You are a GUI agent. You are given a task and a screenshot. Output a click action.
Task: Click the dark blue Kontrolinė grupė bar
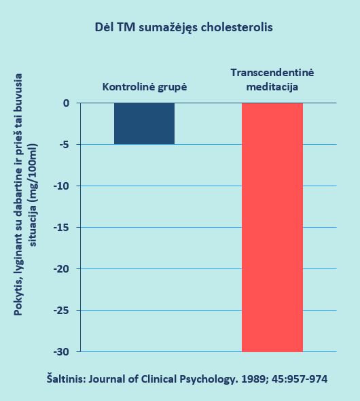[145, 124]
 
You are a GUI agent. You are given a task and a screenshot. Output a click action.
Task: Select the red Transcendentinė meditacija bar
[272, 228]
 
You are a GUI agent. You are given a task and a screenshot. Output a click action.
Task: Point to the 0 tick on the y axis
[67, 103]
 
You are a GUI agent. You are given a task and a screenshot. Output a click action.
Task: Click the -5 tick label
[65, 145]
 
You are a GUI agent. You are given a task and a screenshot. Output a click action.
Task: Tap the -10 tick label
[62, 186]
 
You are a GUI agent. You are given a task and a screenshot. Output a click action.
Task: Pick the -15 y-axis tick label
[62, 228]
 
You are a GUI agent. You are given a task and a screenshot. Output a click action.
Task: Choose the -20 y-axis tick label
[62, 268]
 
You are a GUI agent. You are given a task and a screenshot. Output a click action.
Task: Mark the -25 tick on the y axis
[62, 310]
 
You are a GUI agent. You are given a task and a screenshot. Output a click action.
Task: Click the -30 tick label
[62, 352]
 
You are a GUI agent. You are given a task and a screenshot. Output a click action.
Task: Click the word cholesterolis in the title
[237, 27]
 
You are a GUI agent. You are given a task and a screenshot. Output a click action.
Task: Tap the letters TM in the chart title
[126, 27]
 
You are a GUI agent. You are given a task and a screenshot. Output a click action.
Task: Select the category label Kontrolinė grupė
[145, 87]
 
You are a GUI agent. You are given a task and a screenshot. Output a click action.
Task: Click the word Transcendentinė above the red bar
[272, 73]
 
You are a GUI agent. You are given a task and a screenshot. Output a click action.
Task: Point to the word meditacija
[272, 87]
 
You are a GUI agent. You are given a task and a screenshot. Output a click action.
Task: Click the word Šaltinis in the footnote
[66, 379]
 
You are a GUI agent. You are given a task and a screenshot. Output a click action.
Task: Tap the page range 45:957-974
[300, 379]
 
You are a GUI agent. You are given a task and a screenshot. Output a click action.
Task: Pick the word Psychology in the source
[207, 379]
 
